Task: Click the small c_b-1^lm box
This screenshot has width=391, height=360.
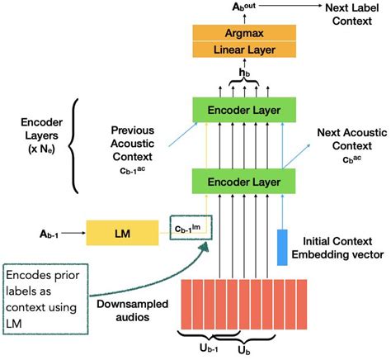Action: coord(188,225)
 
